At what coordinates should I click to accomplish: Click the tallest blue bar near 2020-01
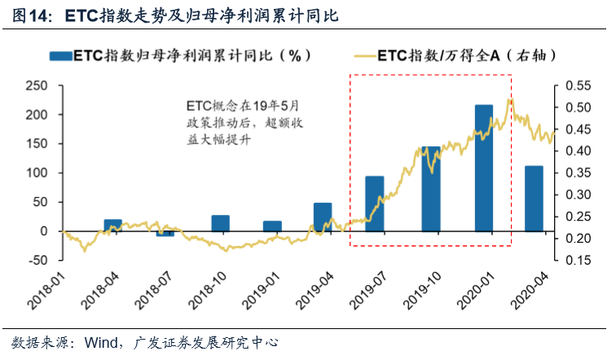click(484, 168)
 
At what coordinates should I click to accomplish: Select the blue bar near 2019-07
click(374, 204)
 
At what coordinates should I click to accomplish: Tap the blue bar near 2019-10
click(431, 189)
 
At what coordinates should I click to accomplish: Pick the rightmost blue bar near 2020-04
click(534, 199)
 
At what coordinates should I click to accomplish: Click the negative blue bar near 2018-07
click(165, 234)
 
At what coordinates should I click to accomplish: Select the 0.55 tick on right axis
click(577, 86)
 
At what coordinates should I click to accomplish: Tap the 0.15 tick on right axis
click(577, 261)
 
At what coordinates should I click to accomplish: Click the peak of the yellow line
click(510, 99)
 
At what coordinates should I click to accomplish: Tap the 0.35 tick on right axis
click(577, 173)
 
